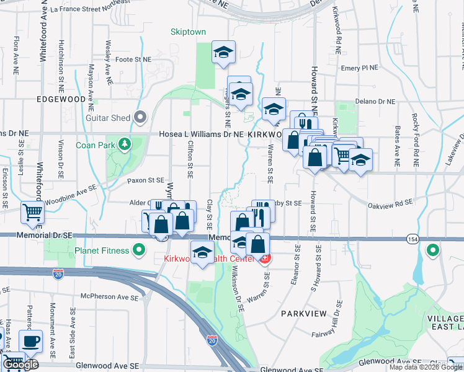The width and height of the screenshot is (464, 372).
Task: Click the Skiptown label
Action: (x=188, y=32)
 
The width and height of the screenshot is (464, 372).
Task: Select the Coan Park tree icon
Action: (x=125, y=144)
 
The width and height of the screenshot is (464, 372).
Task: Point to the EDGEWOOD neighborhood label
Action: (x=61, y=99)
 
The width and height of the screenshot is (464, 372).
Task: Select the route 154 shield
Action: (x=413, y=239)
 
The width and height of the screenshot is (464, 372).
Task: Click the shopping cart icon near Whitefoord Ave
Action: (x=32, y=213)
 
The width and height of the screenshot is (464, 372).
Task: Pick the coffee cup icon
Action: (x=30, y=340)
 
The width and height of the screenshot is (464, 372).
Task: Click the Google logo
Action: (x=20, y=364)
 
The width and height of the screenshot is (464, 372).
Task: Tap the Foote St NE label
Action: (x=134, y=60)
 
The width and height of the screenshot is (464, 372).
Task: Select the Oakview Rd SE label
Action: (x=390, y=202)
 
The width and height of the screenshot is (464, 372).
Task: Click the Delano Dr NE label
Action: (x=375, y=102)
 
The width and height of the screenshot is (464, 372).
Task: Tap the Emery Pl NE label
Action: (x=359, y=68)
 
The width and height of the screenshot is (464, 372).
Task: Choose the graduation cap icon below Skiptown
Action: (x=224, y=53)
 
